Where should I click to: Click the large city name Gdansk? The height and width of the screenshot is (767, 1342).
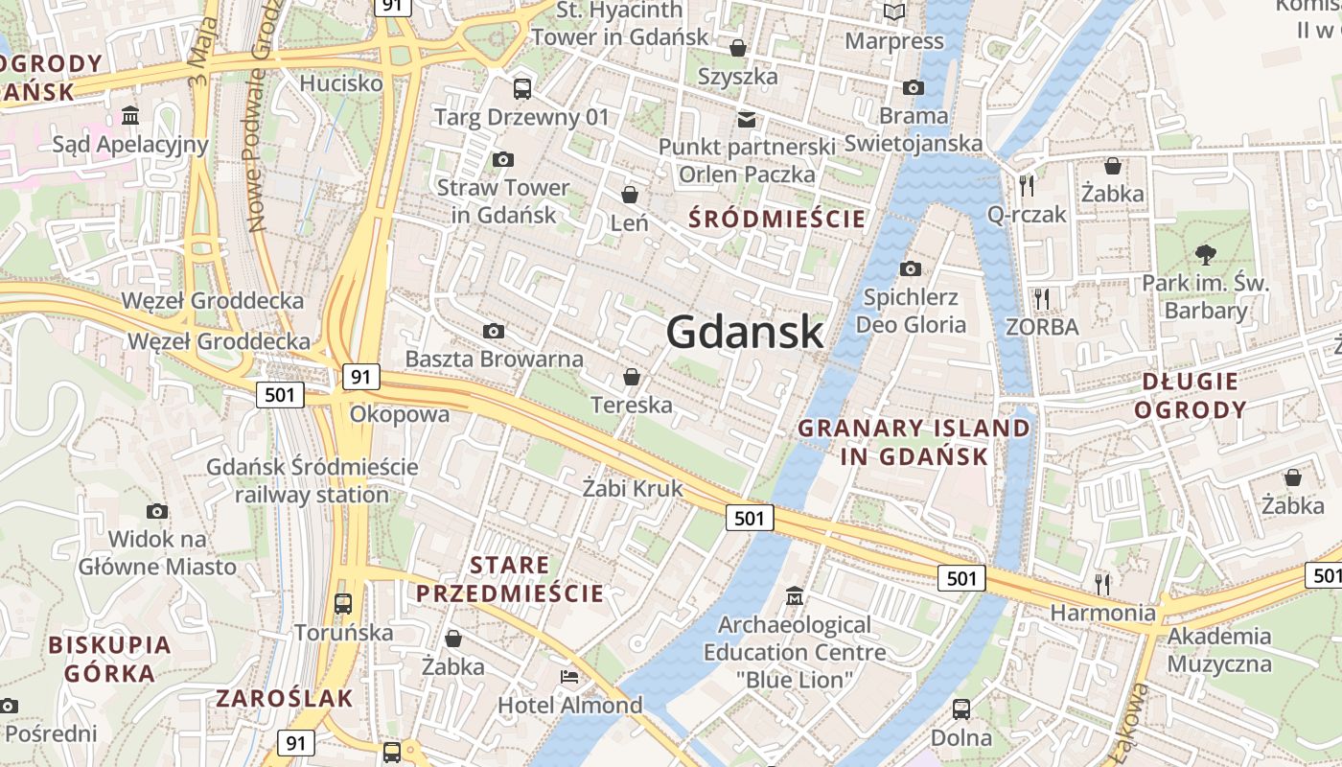[745, 332]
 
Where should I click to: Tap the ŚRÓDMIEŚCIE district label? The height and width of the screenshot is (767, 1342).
[777, 220]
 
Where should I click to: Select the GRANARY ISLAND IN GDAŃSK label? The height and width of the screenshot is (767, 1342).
[914, 442]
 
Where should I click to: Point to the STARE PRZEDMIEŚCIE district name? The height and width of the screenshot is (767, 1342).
[510, 579]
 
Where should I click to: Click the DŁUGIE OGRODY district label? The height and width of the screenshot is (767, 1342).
[1191, 395]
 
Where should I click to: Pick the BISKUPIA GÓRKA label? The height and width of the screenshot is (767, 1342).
[109, 659]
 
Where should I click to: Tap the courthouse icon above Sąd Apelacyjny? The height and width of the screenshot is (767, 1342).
[130, 116]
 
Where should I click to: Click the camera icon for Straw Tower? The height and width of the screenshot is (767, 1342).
[502, 159]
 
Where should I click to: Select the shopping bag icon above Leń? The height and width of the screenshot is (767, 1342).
[630, 195]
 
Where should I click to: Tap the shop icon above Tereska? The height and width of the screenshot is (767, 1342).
[631, 377]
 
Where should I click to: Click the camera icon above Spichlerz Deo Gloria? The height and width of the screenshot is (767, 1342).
[911, 268]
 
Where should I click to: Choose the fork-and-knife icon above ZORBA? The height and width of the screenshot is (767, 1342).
[1042, 298]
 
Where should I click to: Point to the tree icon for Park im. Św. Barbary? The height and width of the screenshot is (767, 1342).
[1205, 254]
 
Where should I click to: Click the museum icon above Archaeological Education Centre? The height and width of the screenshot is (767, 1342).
[795, 596]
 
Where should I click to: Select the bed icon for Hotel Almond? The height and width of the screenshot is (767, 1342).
[569, 677]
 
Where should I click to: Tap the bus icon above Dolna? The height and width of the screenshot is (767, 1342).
[961, 709]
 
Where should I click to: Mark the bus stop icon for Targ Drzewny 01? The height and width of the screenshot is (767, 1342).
[522, 89]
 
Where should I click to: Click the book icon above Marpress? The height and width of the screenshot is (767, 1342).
[894, 12]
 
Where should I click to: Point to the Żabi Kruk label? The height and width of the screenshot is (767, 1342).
[633, 489]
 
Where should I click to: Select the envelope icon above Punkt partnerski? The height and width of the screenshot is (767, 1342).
[747, 119]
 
